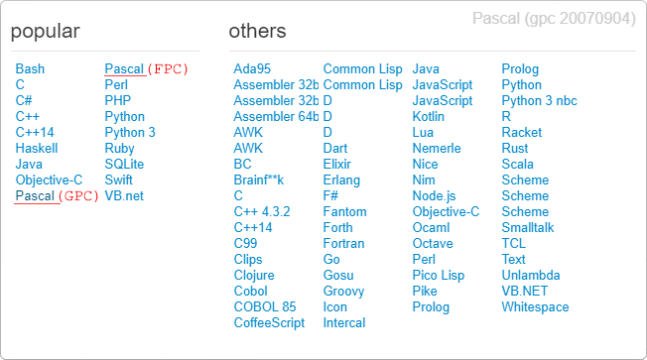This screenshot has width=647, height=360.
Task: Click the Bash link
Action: click(x=30, y=69)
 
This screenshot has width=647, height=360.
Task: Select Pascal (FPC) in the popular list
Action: click(x=146, y=69)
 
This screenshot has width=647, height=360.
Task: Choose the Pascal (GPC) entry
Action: click(x=58, y=196)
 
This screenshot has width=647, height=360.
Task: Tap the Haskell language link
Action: click(x=37, y=149)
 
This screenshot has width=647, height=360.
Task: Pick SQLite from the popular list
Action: click(x=124, y=165)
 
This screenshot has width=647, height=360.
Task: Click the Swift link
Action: click(x=118, y=180)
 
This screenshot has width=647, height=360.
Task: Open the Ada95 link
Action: click(x=252, y=69)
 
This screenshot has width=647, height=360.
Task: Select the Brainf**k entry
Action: click(x=259, y=180)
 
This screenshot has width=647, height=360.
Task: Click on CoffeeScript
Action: click(x=269, y=323)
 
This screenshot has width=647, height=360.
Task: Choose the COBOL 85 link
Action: click(x=265, y=307)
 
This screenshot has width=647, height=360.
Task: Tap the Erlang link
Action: click(x=341, y=180)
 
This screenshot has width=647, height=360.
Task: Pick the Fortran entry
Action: click(x=343, y=244)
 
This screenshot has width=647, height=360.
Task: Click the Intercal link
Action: click(x=344, y=323)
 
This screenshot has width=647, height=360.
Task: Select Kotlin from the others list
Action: click(x=429, y=117)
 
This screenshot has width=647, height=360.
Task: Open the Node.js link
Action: click(x=434, y=196)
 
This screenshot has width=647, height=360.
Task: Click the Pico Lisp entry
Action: click(x=438, y=276)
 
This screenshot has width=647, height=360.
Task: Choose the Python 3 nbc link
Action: click(x=539, y=101)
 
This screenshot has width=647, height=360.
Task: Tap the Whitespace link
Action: click(x=535, y=307)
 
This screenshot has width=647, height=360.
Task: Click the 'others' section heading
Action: click(x=257, y=32)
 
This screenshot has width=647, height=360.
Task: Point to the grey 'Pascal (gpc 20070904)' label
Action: click(x=554, y=19)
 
